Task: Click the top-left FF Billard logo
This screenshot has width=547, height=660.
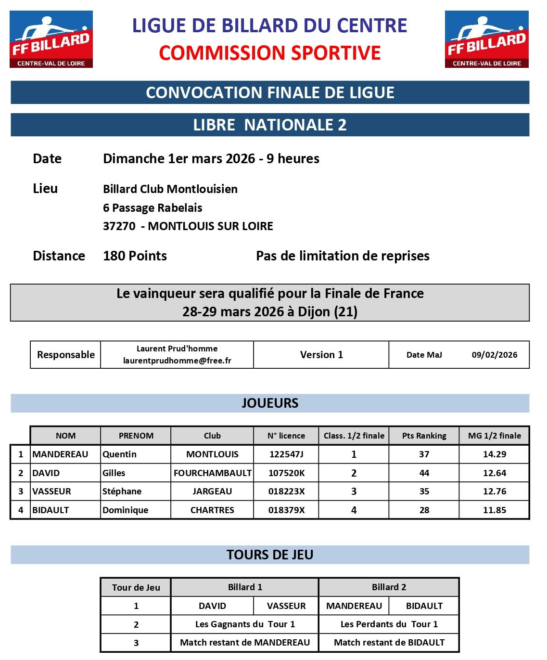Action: (51, 39)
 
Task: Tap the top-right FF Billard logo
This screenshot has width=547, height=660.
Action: (486, 39)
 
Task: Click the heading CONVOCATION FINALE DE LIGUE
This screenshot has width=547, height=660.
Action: (270, 92)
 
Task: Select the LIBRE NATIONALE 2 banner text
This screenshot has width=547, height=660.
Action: (270, 125)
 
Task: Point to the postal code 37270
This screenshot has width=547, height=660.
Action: (119, 226)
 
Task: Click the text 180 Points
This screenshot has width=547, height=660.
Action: (135, 256)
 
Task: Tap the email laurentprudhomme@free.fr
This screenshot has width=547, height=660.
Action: (177, 361)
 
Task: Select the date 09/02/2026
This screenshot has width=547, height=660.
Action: (494, 355)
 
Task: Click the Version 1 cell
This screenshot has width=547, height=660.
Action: (321, 355)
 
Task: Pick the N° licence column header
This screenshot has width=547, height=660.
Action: (286, 436)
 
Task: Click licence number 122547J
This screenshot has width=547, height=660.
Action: (286, 454)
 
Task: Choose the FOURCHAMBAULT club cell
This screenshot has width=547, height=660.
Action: (212, 473)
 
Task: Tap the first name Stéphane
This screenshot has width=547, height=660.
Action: (122, 492)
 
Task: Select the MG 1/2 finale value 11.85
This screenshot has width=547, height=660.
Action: (495, 510)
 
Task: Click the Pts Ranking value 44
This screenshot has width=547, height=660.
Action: (424, 473)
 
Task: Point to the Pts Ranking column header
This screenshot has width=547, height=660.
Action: (424, 436)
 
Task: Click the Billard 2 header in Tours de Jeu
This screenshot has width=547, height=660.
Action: (389, 587)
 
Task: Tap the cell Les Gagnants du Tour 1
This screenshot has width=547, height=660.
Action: (245, 624)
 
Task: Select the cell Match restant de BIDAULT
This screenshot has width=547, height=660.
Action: (389, 643)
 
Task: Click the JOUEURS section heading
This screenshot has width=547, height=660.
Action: (270, 403)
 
